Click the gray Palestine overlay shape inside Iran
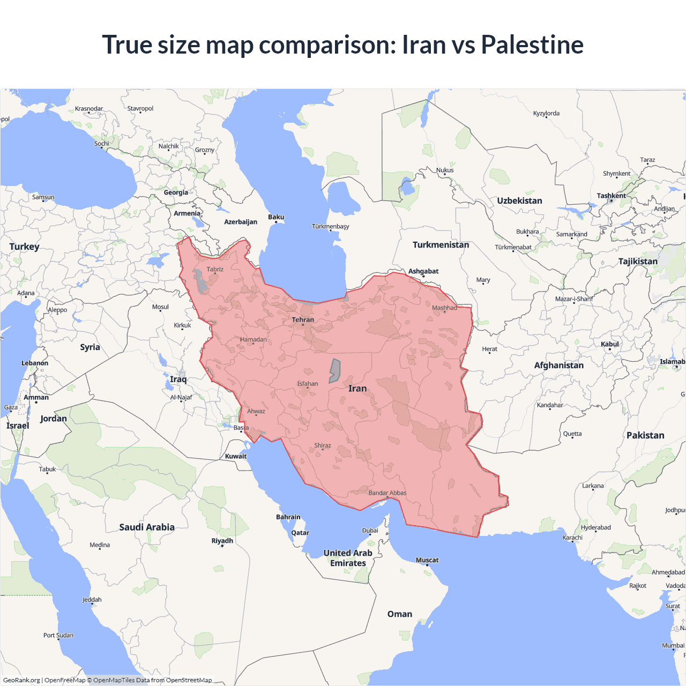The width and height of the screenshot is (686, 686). pyautogui.click(x=334, y=370)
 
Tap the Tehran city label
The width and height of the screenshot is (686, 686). pyautogui.click(x=303, y=320)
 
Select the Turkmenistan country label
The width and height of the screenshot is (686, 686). pyautogui.click(x=441, y=245)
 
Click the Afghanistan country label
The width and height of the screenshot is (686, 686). pyautogui.click(x=558, y=366)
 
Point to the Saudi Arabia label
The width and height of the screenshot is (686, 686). pyautogui.click(x=147, y=527)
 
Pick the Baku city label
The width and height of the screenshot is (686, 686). pyautogui.click(x=276, y=217)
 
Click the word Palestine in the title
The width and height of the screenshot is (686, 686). pyautogui.click(x=532, y=44)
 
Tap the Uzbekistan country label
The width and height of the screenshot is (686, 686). pyautogui.click(x=519, y=201)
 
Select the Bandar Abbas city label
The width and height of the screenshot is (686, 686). pyautogui.click(x=387, y=493)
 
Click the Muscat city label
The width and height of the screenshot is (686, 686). pyautogui.click(x=427, y=560)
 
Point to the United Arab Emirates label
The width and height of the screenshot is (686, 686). pyautogui.click(x=348, y=558)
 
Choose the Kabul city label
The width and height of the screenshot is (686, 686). pyautogui.click(x=610, y=344)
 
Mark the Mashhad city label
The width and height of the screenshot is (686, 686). pyautogui.click(x=444, y=308)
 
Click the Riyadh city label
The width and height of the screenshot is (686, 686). pyautogui.click(x=222, y=541)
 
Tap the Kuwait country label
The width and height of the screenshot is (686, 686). pyautogui.click(x=236, y=457)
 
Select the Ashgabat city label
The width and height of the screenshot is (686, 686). pyautogui.click(x=423, y=271)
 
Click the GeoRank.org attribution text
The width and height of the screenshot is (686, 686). pyautogui.click(x=21, y=680)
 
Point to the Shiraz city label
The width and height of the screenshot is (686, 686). pyautogui.click(x=323, y=445)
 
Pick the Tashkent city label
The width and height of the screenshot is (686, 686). pyautogui.click(x=611, y=196)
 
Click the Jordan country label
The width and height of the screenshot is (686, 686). pyautogui.click(x=54, y=419)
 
